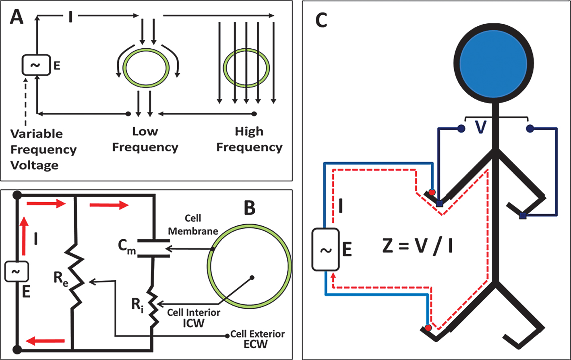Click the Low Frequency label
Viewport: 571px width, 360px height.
tap(145, 139)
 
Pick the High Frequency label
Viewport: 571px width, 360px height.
tap(250, 139)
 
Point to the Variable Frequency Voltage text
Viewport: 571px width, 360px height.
tap(43, 149)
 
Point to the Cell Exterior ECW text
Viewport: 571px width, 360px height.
tap(258, 339)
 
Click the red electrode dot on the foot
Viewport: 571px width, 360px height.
tap(428, 328)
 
